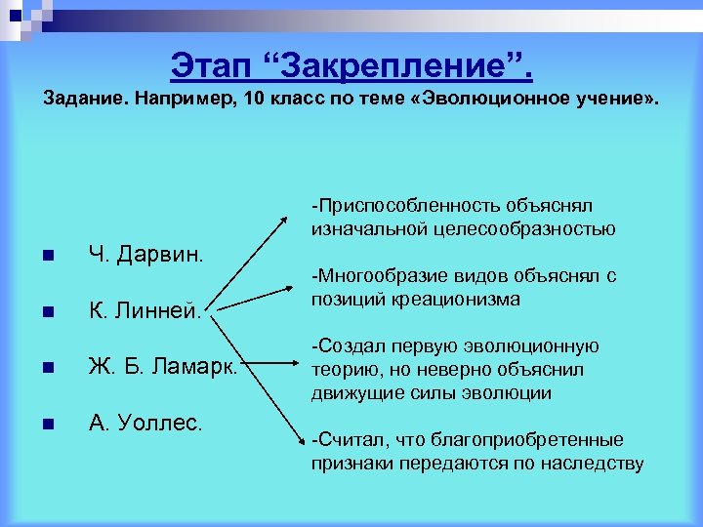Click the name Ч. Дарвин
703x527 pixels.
click(x=146, y=256)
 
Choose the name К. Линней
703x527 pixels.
click(x=145, y=313)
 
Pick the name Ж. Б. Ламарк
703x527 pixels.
click(x=162, y=368)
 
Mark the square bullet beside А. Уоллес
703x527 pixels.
click(x=46, y=425)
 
